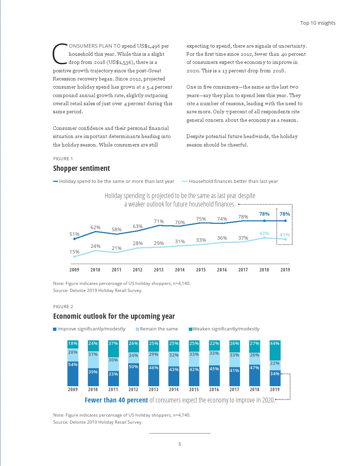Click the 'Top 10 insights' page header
tap(318, 23)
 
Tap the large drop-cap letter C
tap(60, 54)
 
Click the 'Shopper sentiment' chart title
tap(82, 168)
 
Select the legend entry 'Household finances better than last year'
tap(233, 181)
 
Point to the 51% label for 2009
tap(74, 234)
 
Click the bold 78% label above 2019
tap(284, 214)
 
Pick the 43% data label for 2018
tap(264, 233)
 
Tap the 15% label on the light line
tap(74, 252)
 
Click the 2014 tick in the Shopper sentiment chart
tap(180, 270)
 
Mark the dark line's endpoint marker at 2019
tap(285, 221)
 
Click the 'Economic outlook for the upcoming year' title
tap(114, 316)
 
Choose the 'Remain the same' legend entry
tap(158, 329)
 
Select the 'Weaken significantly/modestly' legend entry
tap(226, 329)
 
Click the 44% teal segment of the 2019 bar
tap(275, 350)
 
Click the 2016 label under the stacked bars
tap(214, 389)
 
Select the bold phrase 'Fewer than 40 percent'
tap(116, 400)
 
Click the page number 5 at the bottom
tap(180, 444)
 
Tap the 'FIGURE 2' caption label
tap(63, 306)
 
